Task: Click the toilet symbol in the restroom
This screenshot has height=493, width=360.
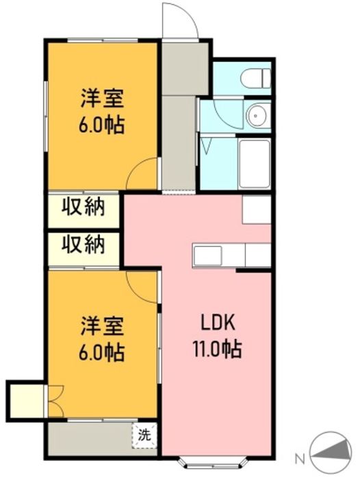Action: tap(255, 78)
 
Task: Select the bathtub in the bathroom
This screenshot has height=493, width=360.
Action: tap(254, 164)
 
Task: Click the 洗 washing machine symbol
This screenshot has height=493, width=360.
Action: tap(144, 435)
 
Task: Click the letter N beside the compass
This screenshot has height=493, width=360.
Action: tap(300, 459)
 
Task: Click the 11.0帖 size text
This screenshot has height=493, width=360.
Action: tap(217, 349)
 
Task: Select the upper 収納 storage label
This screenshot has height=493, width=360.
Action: tap(83, 207)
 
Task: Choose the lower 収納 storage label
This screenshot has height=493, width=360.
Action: tap(83, 244)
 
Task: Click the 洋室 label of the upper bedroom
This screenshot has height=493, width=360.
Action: tap(103, 98)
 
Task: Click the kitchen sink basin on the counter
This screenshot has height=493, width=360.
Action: tap(207, 255)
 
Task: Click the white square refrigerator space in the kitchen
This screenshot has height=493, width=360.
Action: tap(257, 210)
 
